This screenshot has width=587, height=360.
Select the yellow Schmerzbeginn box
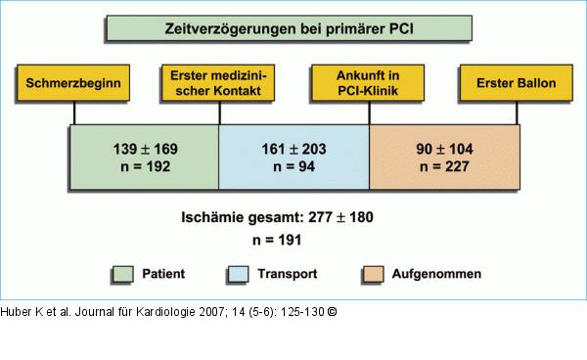(x=74, y=84)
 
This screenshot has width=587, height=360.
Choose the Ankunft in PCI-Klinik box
(x=370, y=84)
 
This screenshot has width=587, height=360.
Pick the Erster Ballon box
(x=516, y=84)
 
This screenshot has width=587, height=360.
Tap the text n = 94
(x=294, y=167)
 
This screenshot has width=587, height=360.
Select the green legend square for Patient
(x=122, y=275)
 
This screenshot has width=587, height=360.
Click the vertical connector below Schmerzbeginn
(x=74, y=113)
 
